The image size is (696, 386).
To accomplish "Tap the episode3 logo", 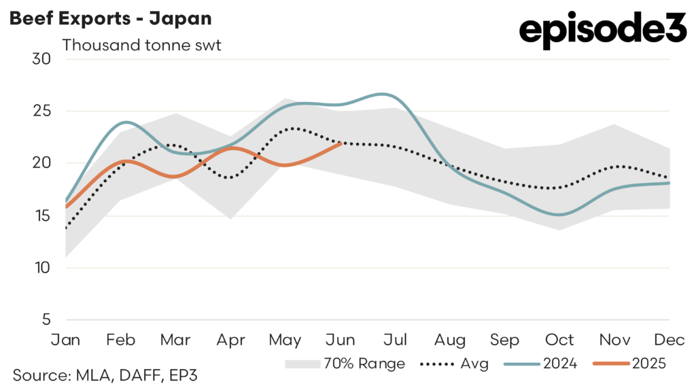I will click(603, 30).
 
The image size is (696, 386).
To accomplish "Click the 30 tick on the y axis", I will click(41, 58).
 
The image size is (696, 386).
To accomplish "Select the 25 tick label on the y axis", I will click(41, 111).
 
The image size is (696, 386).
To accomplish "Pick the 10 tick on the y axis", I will click(41, 268).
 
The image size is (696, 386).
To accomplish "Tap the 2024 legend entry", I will click(541, 364).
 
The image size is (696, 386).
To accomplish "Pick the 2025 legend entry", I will click(629, 364).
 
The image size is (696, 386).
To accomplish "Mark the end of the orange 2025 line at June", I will click(340, 143).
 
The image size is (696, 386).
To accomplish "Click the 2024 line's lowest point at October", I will click(559, 215).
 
